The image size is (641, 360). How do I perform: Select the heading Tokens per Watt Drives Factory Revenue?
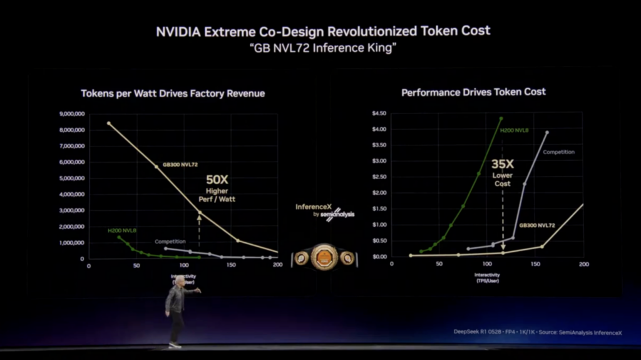click(x=173, y=93)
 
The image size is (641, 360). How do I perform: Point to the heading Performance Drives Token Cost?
click(x=473, y=92)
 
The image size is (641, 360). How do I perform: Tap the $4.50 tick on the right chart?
click(x=379, y=113)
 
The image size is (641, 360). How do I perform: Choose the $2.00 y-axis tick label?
click(x=379, y=193)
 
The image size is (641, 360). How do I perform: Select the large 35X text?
click(x=502, y=164)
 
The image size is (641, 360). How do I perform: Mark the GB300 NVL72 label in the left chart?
click(x=181, y=164)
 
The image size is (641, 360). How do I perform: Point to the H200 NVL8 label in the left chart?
click(x=121, y=230)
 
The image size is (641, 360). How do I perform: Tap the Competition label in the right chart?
click(x=558, y=152)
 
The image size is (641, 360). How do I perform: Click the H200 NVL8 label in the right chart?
click(x=516, y=130)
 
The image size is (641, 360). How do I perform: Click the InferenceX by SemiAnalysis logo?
click(x=325, y=211)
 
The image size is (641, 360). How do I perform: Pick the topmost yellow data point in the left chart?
click(x=109, y=123)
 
